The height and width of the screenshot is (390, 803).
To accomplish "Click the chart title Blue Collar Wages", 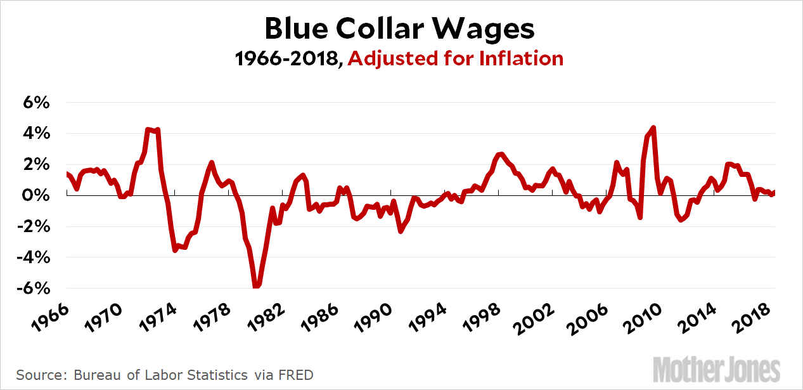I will click(x=399, y=29).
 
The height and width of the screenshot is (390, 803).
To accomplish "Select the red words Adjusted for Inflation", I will click(x=455, y=59).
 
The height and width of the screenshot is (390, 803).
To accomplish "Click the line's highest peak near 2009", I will click(x=653, y=128).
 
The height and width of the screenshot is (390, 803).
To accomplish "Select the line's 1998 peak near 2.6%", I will click(x=501, y=154).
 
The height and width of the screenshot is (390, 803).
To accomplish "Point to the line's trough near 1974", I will click(x=175, y=250).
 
